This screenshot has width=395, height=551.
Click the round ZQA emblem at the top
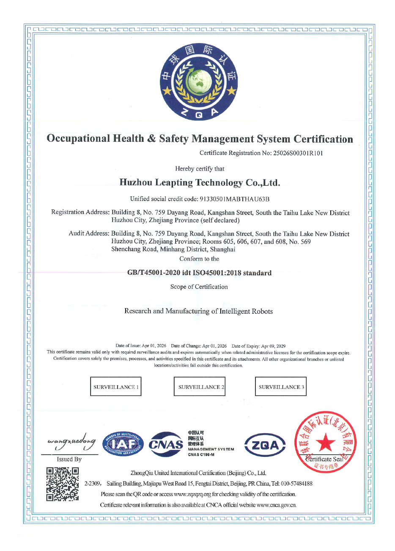click(199, 82)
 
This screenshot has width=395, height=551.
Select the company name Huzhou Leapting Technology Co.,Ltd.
click(200, 182)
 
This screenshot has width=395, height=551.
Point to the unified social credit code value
click(234, 199)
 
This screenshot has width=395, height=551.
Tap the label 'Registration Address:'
click(80, 212)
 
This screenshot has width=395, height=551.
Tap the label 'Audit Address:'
click(89, 233)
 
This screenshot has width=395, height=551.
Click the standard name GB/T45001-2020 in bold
click(154, 273)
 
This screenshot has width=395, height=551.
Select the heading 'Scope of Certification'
click(199, 287)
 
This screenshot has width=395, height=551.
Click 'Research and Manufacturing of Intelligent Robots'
click(198, 311)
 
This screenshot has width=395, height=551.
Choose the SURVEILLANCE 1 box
click(116, 387)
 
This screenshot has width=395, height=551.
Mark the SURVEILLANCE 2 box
click(200, 387)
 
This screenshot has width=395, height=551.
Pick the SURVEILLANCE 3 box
click(281, 387)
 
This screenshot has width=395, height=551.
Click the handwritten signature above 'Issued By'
click(71, 442)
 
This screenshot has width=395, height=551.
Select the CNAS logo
click(166, 444)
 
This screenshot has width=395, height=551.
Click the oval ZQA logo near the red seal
click(265, 445)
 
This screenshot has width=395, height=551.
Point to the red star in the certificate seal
click(325, 443)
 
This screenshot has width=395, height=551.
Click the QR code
click(63, 484)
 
